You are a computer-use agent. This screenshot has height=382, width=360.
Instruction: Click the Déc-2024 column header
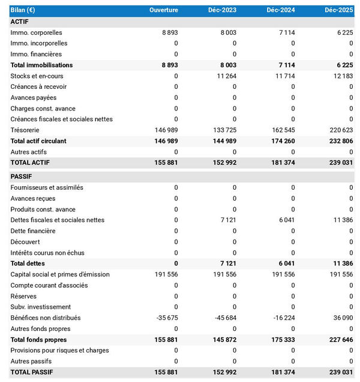coord(280,11)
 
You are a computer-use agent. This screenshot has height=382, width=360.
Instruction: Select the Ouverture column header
coord(163,11)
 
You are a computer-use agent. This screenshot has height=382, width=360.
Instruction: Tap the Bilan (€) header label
coord(23,11)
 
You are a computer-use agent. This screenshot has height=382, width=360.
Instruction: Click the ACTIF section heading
coord(20,22)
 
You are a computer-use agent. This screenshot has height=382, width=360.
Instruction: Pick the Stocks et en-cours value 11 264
coord(224,76)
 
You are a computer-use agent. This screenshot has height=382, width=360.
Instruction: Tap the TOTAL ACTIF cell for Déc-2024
coord(281,163)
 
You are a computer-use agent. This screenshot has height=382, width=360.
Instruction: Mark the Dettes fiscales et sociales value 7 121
coord(229,220)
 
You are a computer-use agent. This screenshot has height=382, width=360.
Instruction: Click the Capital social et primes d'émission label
coord(60,274)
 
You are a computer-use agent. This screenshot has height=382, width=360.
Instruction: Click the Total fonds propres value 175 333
coord(281,339)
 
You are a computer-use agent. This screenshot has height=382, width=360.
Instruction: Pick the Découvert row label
coord(26,241)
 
